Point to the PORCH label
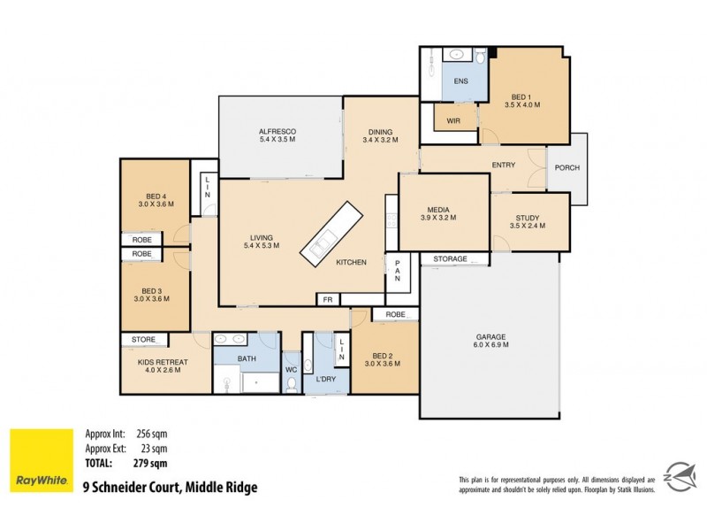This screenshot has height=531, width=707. point(566,168)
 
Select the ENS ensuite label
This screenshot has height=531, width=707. point(460,81)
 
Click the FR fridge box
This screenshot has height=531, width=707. point(328,299)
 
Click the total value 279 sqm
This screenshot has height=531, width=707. point(151,462)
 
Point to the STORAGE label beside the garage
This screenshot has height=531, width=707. point(450,259)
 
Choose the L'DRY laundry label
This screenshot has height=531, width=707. point(324,380)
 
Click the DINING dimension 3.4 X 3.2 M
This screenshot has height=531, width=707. point(381,140)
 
